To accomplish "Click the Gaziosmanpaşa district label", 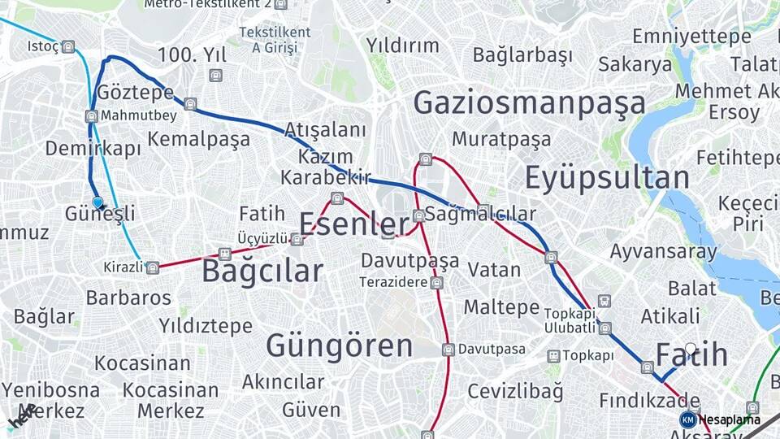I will click(530, 103).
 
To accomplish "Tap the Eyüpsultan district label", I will click(607, 177).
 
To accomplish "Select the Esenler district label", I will click(354, 224).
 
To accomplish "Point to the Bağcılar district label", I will click(262, 271).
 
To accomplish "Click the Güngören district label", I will click(340, 346).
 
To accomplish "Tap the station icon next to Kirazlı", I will click(152, 267).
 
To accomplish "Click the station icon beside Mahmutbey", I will click(92, 116).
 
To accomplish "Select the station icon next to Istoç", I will click(68, 46).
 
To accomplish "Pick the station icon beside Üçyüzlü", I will click(297, 239).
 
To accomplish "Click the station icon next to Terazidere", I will click(437, 283).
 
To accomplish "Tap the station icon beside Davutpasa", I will click(448, 350).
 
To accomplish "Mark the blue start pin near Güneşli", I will click(98, 202).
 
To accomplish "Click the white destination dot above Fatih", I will click(691, 349).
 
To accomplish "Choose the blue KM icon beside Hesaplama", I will click(687, 419).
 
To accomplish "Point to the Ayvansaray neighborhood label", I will click(664, 251).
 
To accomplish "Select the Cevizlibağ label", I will click(515, 391).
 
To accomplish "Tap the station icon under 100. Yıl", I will click(215, 76).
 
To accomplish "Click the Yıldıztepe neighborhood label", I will click(206, 326).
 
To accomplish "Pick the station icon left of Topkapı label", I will click(553, 356).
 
